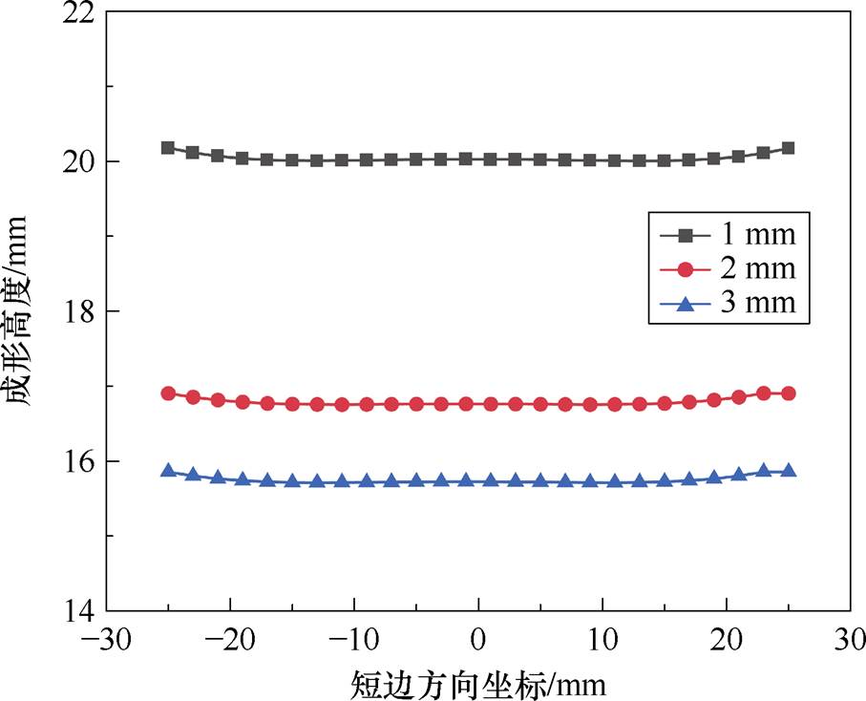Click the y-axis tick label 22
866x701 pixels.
pos(78,13)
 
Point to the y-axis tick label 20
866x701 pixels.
pos(78,161)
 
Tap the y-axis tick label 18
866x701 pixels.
pos(78,311)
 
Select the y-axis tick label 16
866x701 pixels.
pos(78,461)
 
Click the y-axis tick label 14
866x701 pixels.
pos(78,610)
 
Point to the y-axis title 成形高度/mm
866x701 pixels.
pos(24,312)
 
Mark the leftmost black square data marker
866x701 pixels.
pos(168,147)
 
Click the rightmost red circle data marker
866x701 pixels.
pos(789,393)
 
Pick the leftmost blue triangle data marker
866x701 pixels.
pos(168,470)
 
